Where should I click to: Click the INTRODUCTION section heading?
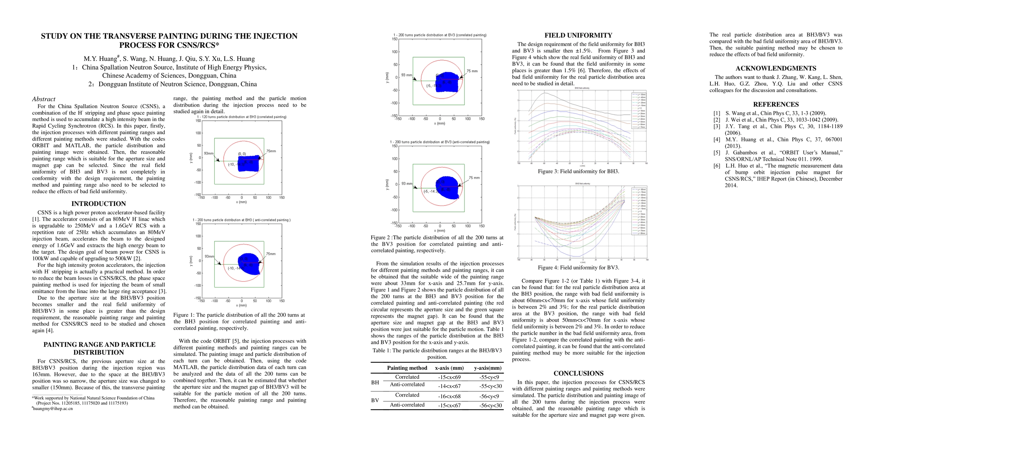pyautogui.click(x=98, y=204)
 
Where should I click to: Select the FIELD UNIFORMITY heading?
pyautogui.click(x=578, y=35)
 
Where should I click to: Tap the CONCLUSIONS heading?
pyautogui.click(x=578, y=373)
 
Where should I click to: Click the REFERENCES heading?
pyautogui.click(x=775, y=104)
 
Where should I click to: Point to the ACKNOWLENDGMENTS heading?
pyautogui.click(x=775, y=68)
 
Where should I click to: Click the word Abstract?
pyautogui.click(x=43, y=99)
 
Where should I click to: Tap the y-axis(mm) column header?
pyautogui.click(x=488, y=368)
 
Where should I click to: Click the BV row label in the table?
pyautogui.click(x=375, y=400)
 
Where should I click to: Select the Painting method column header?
pyautogui.click(x=407, y=368)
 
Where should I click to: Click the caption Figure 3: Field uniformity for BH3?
pyautogui.click(x=578, y=171)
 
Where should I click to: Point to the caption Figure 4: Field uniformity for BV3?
pyautogui.click(x=578, y=268)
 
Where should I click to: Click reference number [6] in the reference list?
pyautogui.click(x=717, y=166)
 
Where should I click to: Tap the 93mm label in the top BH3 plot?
pyautogui.click(x=209, y=153)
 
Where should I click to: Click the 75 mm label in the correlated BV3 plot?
pyautogui.click(x=472, y=71)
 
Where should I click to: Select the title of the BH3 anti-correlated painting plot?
pyautogui.click(x=241, y=220)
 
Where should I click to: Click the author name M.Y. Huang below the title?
pyautogui.click(x=101, y=59)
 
